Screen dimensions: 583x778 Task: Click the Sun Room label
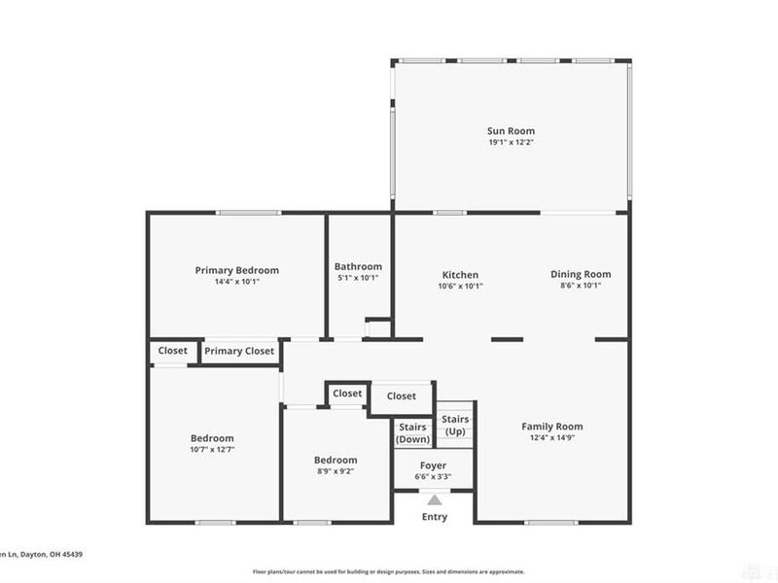(511, 131)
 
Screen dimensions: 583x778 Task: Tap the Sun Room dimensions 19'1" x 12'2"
(511, 143)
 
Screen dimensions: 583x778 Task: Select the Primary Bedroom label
(236, 270)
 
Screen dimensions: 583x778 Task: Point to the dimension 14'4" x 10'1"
(236, 282)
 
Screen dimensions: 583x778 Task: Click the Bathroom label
(358, 266)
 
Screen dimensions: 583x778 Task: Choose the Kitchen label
(460, 275)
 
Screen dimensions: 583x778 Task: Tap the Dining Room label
(581, 274)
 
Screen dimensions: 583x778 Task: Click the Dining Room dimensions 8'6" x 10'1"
(581, 286)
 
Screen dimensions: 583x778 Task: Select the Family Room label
(552, 427)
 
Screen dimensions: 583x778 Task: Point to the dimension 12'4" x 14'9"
(552, 438)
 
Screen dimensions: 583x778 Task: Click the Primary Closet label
(239, 352)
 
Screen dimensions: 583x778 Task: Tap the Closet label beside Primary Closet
(173, 351)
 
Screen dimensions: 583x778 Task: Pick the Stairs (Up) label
(455, 425)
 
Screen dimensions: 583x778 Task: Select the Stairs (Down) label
(413, 433)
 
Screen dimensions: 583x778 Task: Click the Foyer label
(433, 465)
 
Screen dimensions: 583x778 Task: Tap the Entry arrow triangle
(434, 500)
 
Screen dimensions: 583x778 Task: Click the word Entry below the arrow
(434, 517)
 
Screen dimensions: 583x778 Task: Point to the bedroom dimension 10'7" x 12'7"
(211, 450)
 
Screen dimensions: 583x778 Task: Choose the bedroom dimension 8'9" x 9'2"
(335, 471)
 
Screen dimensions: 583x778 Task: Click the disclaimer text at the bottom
(389, 571)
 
